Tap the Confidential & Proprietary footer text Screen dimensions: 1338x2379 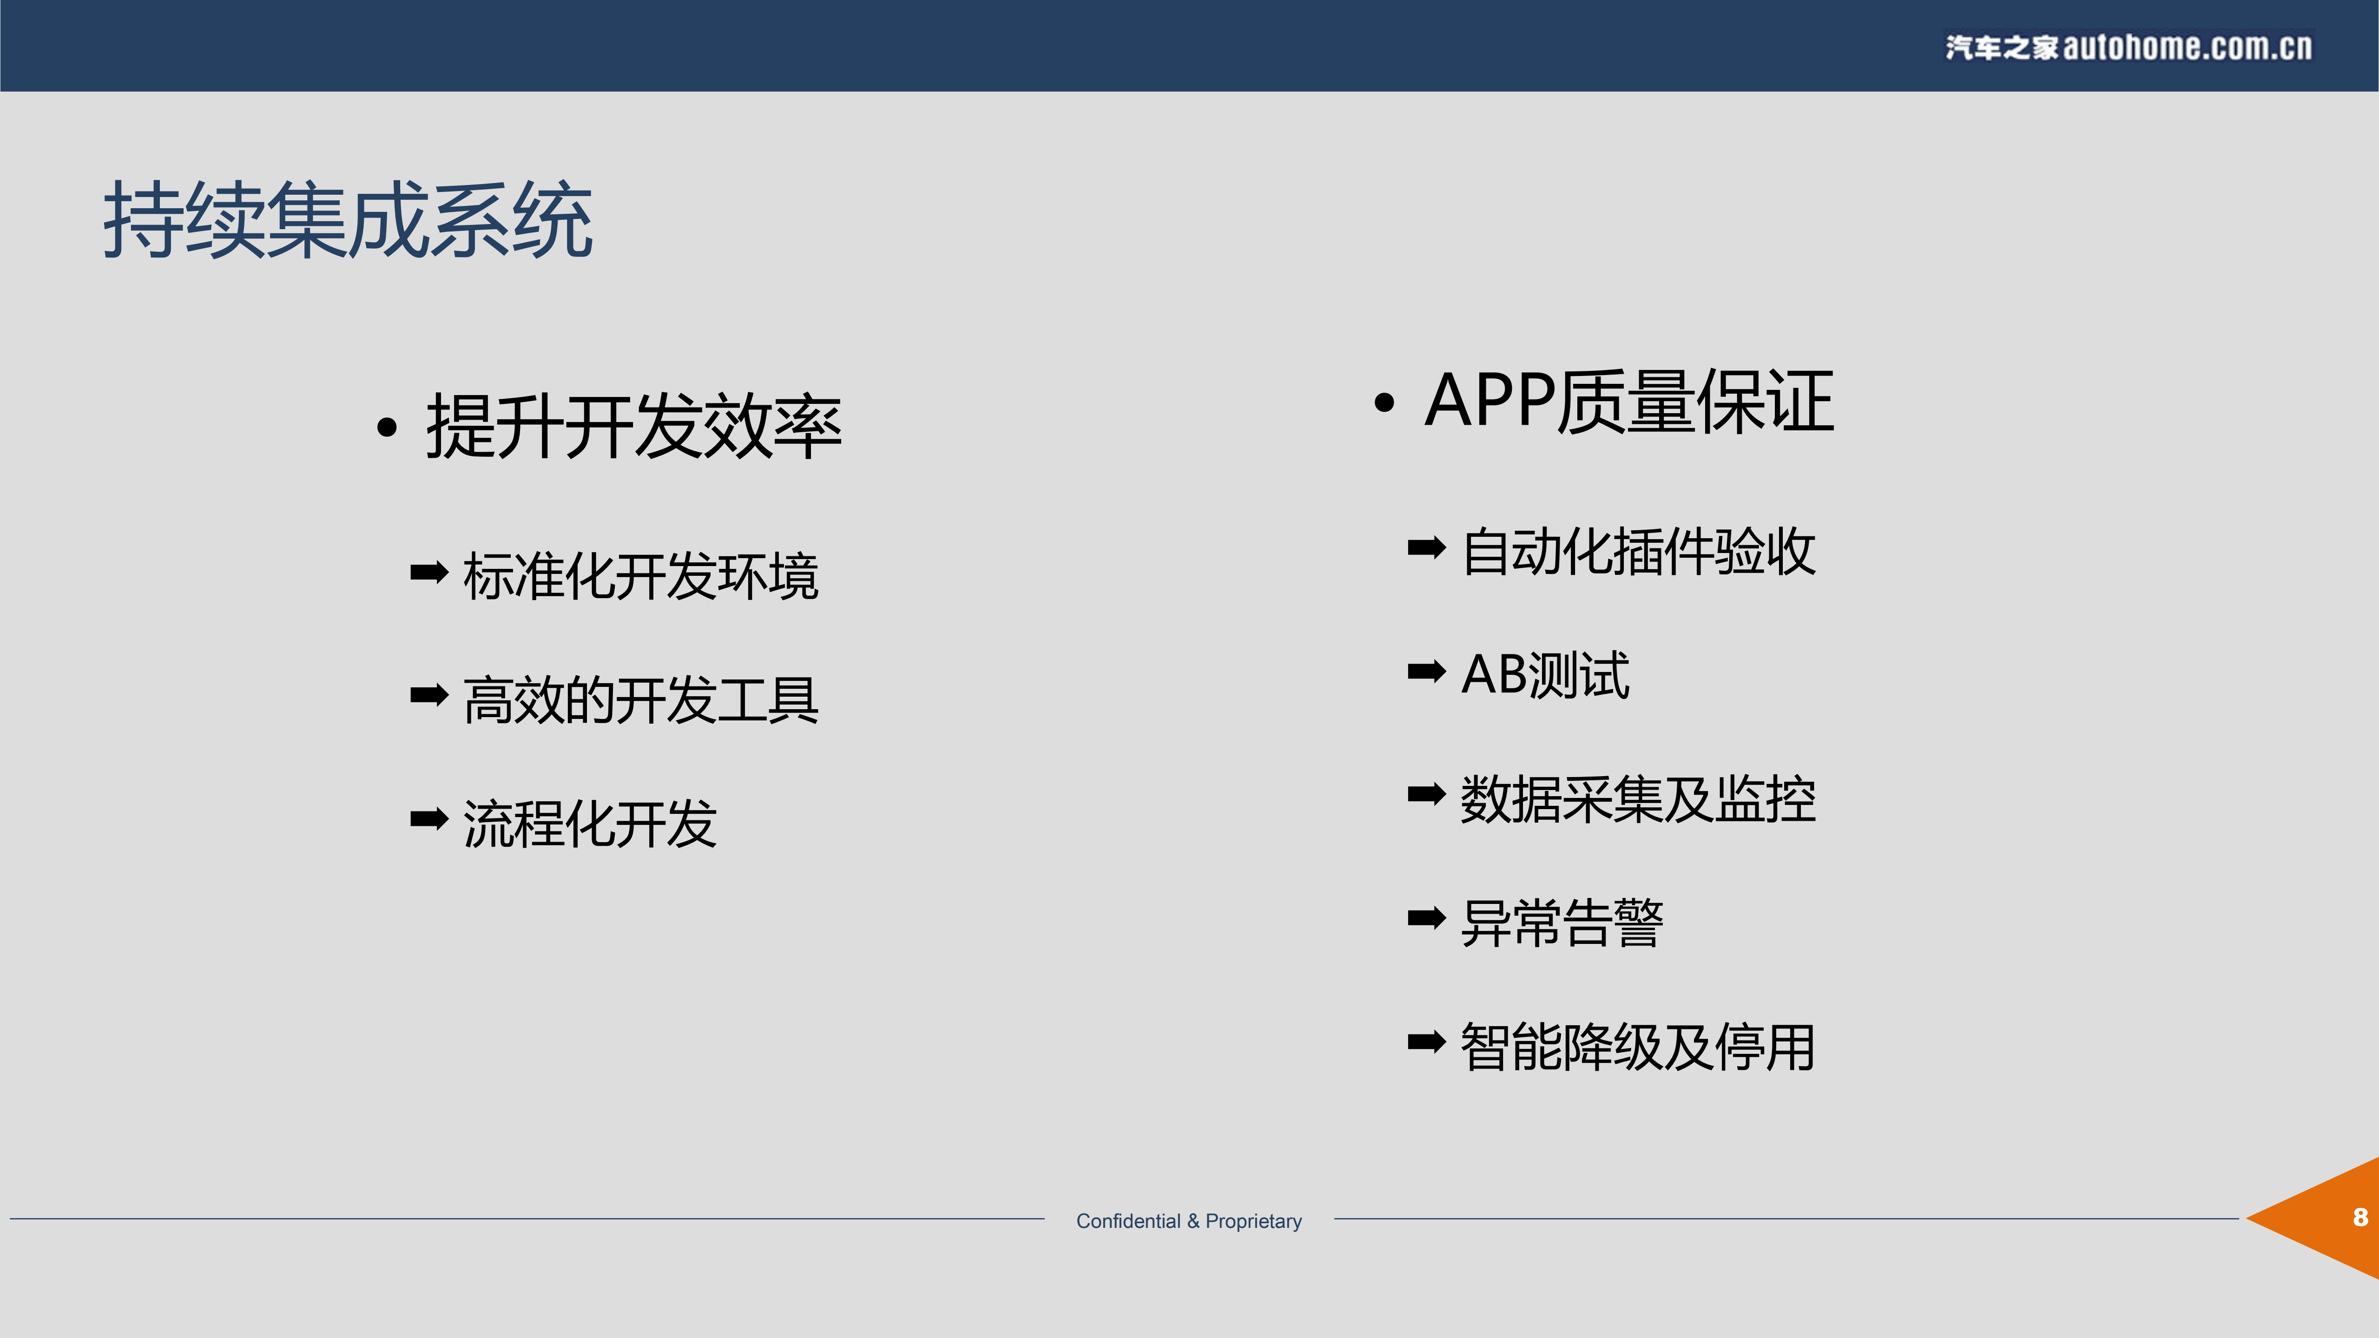coord(1189,1221)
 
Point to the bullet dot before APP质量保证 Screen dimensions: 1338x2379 coord(1384,402)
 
